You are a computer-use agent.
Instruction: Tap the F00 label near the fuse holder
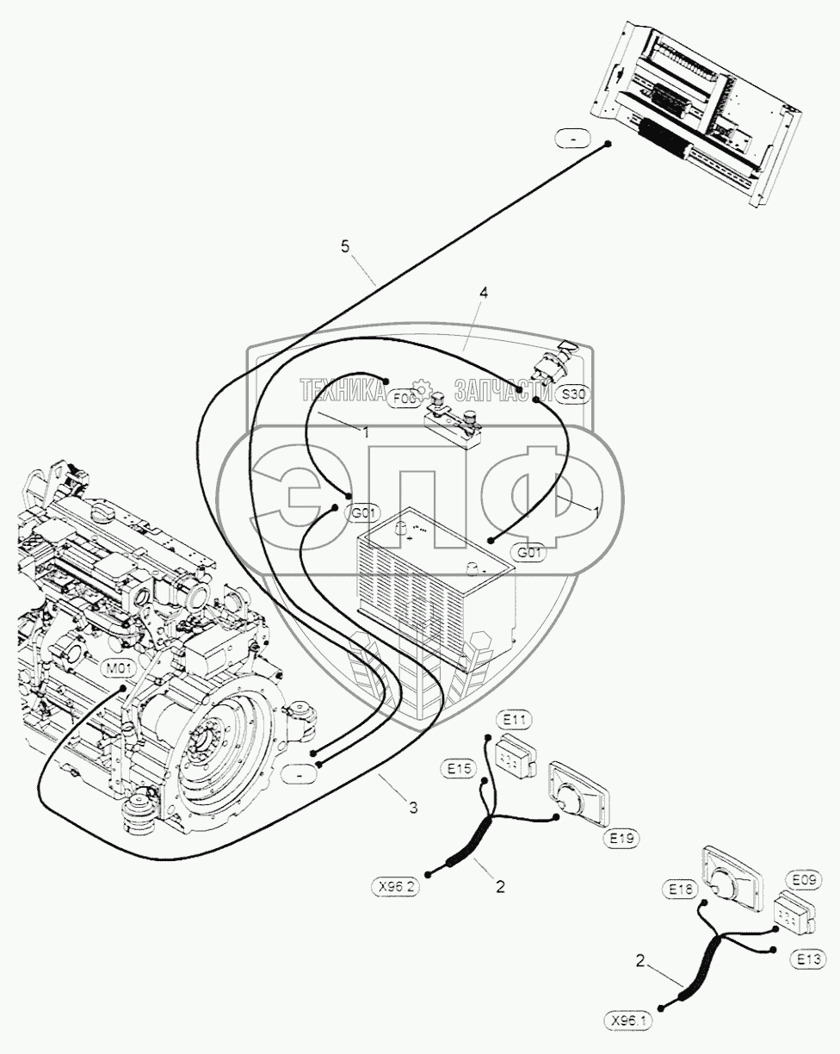point(404,399)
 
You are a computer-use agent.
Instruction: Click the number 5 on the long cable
point(345,247)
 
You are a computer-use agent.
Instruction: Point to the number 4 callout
point(483,294)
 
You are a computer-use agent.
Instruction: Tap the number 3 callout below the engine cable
point(413,807)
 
